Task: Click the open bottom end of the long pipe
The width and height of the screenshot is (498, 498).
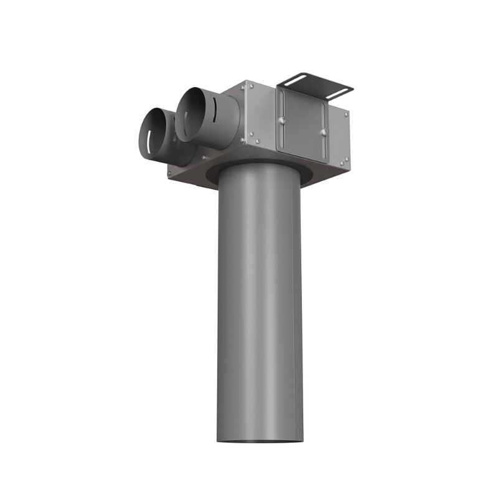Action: (260, 439)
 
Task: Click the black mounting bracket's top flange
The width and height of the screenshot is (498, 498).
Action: (315, 84)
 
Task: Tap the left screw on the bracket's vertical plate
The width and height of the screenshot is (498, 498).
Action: (282, 120)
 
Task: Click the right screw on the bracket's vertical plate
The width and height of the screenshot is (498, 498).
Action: (322, 131)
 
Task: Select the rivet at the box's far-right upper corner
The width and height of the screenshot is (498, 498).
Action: (345, 113)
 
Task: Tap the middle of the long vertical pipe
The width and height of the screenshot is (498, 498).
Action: (260, 305)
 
